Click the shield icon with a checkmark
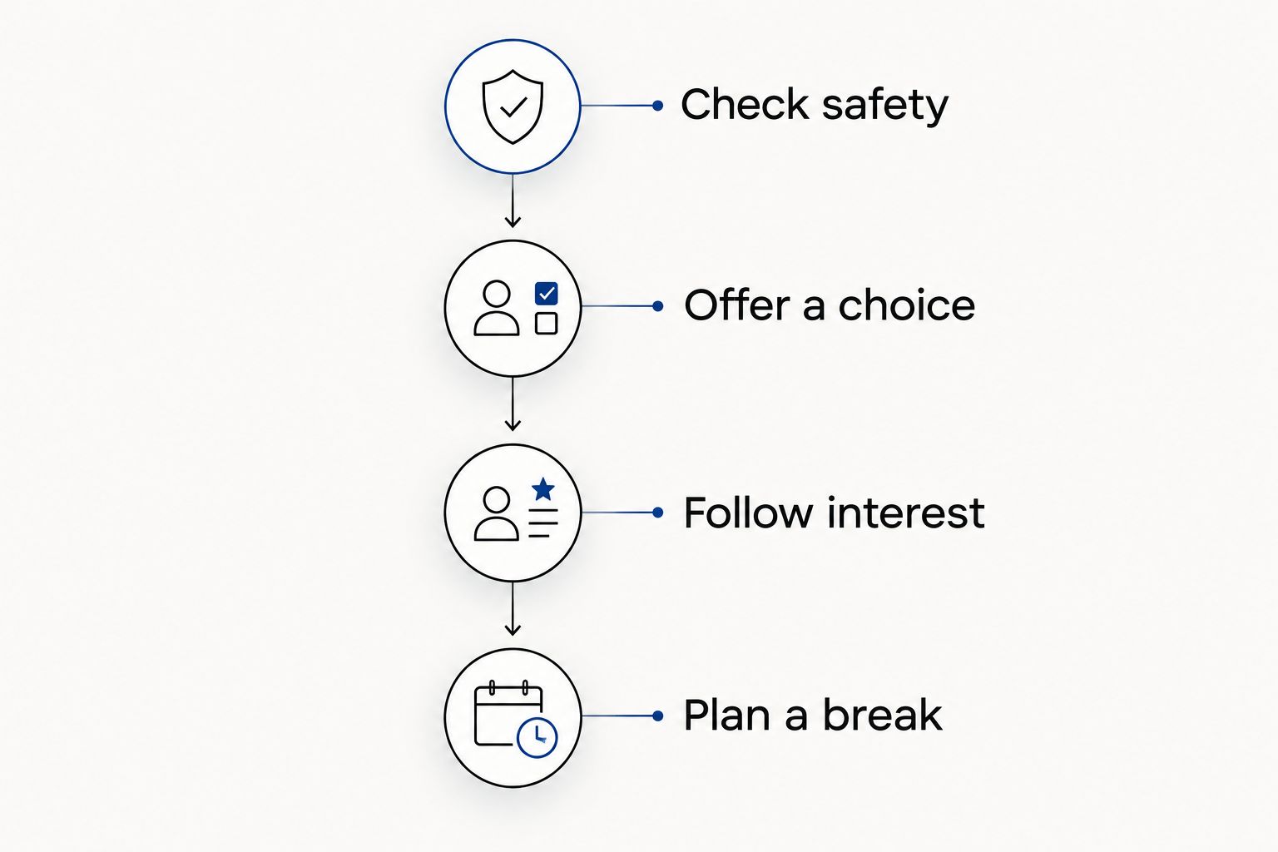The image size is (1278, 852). tap(513, 106)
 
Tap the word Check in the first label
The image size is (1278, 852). tap(745, 104)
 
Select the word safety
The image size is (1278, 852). tap(885, 106)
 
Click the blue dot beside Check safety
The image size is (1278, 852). tap(658, 106)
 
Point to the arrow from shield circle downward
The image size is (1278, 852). tap(513, 201)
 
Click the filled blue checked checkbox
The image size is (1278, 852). tap(546, 294)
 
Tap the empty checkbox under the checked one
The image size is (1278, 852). tap(546, 323)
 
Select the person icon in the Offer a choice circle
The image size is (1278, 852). tap(497, 308)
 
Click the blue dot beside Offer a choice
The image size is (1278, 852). tap(658, 306)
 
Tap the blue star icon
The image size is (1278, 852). tap(543, 489)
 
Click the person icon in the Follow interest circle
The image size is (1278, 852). tap(497, 513)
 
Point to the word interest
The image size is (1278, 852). tap(906, 512)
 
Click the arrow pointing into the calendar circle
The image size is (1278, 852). tap(513, 608)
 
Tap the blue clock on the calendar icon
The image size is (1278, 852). tap(537, 737)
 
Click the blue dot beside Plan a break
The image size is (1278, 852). tap(658, 716)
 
